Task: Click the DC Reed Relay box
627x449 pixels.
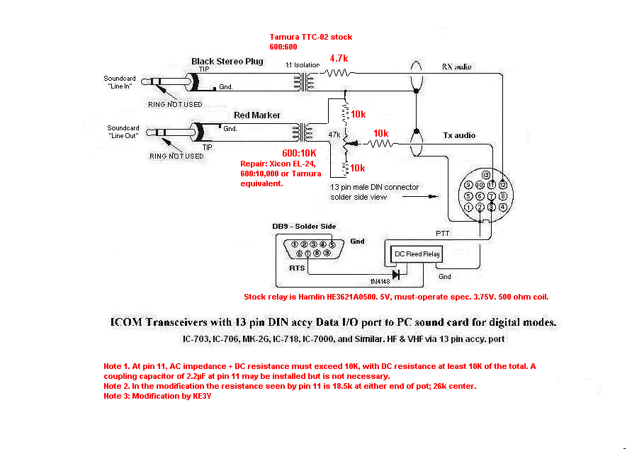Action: [x=417, y=254]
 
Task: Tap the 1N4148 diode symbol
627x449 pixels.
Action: [x=396, y=275]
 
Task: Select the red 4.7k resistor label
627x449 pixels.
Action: [x=339, y=58]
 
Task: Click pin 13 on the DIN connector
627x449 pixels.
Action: [x=485, y=175]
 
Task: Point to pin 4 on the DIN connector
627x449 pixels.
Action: [x=502, y=207]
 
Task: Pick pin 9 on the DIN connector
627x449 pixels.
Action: [x=468, y=185]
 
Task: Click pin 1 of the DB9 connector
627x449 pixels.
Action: [x=295, y=244]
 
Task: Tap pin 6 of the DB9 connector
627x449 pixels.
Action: [x=299, y=254]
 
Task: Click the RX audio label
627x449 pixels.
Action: [x=456, y=67]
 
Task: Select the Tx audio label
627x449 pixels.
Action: [x=459, y=135]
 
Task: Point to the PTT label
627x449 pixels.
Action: [x=442, y=234]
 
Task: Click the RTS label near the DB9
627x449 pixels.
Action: [x=297, y=268]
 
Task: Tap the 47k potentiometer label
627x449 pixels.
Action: [x=334, y=135]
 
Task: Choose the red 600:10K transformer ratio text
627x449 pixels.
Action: [x=299, y=153]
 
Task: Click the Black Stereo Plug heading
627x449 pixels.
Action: [x=227, y=61]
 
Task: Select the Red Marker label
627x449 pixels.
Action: [x=257, y=115]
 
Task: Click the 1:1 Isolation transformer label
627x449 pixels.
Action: [x=303, y=64]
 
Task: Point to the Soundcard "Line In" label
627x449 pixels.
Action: [x=120, y=82]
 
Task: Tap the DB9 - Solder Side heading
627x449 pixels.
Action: [x=304, y=227]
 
